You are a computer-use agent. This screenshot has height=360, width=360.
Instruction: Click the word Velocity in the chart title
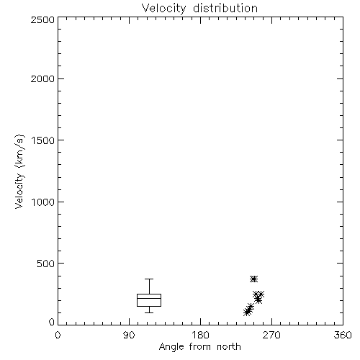(x=163, y=9)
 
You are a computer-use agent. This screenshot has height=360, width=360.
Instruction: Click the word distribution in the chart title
(x=225, y=8)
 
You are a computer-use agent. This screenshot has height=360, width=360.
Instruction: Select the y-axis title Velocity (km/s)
(x=19, y=171)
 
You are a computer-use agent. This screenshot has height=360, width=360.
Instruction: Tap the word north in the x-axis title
(x=229, y=346)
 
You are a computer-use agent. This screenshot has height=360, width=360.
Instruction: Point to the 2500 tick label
(x=42, y=19)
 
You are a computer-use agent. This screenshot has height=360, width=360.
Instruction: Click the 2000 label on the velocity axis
(x=42, y=78)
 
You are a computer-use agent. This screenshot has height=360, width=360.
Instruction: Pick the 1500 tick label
(x=43, y=140)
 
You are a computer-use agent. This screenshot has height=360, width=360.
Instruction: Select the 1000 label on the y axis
(x=43, y=202)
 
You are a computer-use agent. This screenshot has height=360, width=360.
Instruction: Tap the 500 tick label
(x=46, y=264)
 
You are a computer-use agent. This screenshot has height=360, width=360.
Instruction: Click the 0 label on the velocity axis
(x=52, y=322)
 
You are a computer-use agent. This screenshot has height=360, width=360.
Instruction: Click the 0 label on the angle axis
(x=58, y=335)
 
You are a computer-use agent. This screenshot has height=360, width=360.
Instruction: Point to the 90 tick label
(x=129, y=335)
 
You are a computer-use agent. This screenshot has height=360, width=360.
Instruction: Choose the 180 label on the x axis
(x=200, y=335)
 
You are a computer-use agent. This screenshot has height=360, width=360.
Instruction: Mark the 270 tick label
(x=271, y=335)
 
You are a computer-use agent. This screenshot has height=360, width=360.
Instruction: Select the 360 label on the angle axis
(x=343, y=335)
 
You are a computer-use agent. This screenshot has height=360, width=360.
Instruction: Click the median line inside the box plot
(x=149, y=298)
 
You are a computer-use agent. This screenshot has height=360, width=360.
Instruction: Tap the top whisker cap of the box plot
(x=149, y=279)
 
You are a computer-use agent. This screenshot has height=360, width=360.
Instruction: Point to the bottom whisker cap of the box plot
(x=149, y=312)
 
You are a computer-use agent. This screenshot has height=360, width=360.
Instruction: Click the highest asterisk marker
(x=253, y=279)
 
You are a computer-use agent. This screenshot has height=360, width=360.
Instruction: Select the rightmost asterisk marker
(x=261, y=294)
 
